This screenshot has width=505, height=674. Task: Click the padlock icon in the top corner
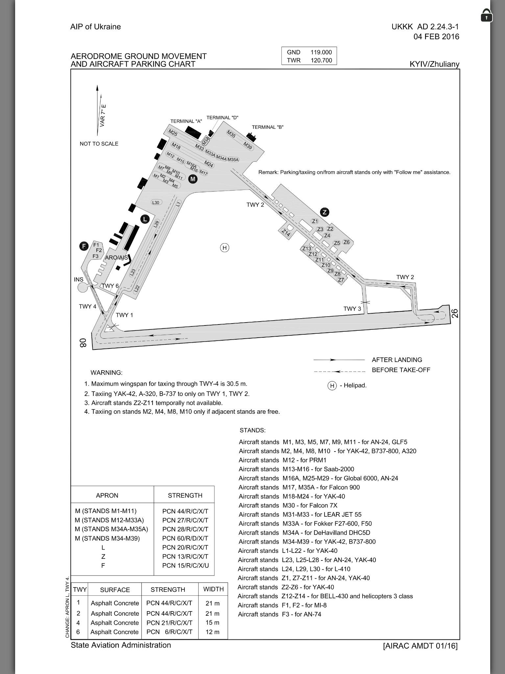[486, 15]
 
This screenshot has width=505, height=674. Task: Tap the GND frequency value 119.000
[321, 52]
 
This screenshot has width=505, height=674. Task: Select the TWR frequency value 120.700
[321, 61]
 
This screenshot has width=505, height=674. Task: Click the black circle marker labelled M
[193, 179]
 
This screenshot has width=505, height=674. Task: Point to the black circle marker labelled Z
[325, 212]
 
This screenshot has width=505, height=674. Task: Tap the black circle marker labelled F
[84, 246]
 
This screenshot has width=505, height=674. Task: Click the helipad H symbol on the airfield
[225, 248]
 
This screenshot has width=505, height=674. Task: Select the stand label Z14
[286, 233]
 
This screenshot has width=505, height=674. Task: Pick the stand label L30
[156, 202]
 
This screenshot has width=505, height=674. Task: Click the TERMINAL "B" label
[268, 127]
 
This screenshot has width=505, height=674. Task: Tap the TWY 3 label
[352, 309]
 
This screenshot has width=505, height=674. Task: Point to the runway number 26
[455, 313]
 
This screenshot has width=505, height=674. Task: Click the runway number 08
[83, 343]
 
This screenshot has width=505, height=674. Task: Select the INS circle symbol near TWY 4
[83, 288]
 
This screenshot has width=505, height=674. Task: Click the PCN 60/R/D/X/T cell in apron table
[185, 538]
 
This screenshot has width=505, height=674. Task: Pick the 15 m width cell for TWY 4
[212, 623]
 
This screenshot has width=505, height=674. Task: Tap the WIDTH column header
[213, 589]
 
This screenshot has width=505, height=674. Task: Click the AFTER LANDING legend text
[397, 360]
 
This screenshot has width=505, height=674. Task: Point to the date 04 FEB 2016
[436, 37]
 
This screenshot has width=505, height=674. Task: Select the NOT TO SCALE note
[99, 144]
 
